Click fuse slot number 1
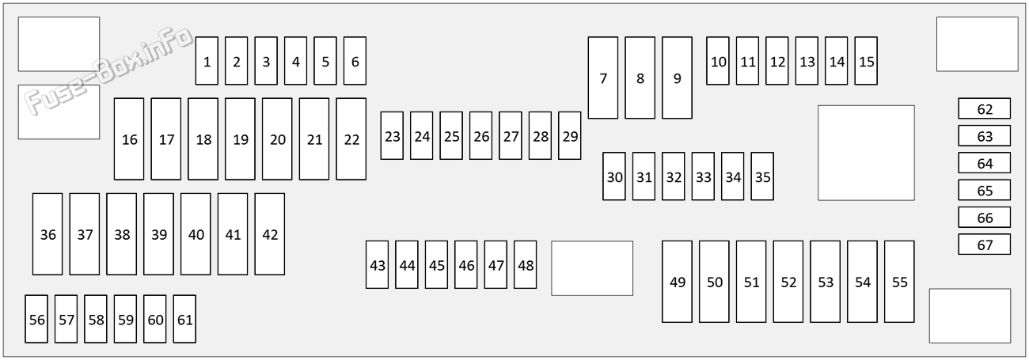click(x=207, y=61)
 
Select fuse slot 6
click(x=355, y=61)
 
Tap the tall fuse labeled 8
click(x=640, y=78)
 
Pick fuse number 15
click(x=866, y=61)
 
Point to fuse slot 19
click(x=240, y=138)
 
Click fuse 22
click(x=351, y=138)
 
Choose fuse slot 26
click(x=480, y=135)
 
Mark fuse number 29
click(x=570, y=135)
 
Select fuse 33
click(x=703, y=176)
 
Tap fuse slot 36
click(x=47, y=234)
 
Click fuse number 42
click(x=270, y=234)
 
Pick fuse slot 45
click(x=436, y=265)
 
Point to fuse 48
click(x=525, y=265)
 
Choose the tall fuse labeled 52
click(x=788, y=282)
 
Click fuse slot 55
click(x=899, y=282)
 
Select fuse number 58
click(x=96, y=319)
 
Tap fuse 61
click(x=184, y=319)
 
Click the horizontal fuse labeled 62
click(x=984, y=108)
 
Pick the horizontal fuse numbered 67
click(x=984, y=244)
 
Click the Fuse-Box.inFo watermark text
click(x=108, y=70)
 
